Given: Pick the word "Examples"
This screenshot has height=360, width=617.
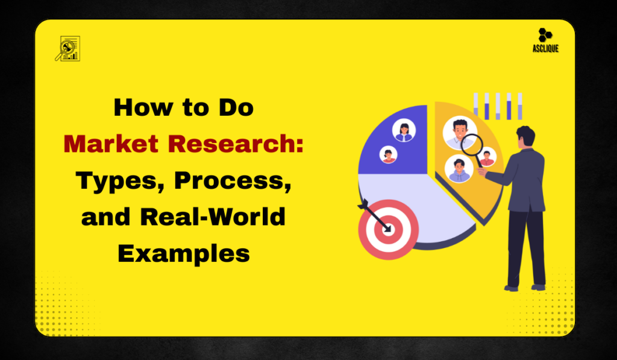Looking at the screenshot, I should pos(184,252).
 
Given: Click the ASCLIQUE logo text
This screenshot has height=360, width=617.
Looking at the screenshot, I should pos(546,49).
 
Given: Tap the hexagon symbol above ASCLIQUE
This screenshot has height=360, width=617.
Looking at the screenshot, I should pos(546,36).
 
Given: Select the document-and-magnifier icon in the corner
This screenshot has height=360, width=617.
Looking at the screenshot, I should pos(67,48).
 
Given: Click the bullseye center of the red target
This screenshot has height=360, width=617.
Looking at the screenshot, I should pos(387,229).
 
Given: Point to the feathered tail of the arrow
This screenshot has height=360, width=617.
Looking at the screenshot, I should pos(363,206).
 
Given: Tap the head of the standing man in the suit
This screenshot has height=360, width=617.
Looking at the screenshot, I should pos(525,136).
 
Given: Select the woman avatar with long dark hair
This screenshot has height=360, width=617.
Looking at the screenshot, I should pos(403,131).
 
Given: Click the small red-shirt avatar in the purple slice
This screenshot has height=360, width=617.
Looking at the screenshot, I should pos(389,155).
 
